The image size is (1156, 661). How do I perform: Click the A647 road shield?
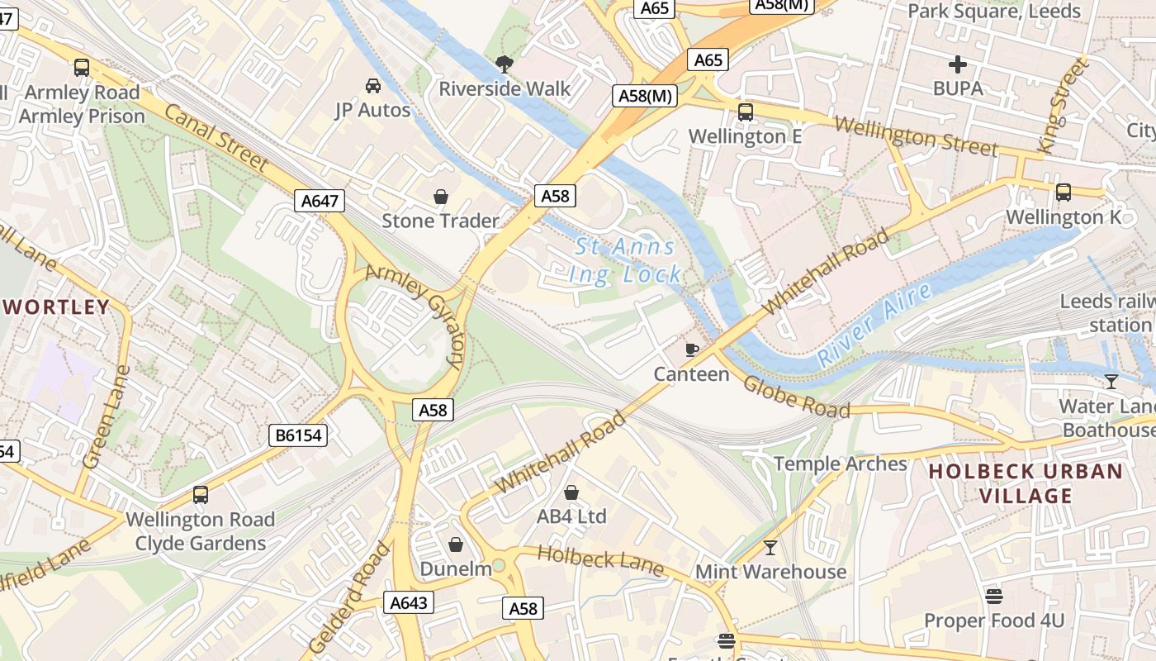320,201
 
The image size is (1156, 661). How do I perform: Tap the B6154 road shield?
298,435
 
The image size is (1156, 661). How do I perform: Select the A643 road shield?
408,602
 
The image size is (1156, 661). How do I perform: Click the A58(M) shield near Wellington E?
646,96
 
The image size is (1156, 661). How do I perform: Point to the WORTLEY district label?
56,307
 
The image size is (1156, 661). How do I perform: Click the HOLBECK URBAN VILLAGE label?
1026,483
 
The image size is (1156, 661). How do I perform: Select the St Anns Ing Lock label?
626,260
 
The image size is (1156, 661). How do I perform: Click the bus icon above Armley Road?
81,68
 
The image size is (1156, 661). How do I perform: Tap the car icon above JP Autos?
372,85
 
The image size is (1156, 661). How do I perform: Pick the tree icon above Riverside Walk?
504,64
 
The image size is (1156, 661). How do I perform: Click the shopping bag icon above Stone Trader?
441,197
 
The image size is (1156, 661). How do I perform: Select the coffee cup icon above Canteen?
692,350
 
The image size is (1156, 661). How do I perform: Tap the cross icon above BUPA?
958,64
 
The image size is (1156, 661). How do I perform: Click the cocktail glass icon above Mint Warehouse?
770,547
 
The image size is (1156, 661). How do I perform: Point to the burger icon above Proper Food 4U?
994,596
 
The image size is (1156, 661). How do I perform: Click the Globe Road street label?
796,397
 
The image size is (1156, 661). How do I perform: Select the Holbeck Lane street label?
600,560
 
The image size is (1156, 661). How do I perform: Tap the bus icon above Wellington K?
1064,193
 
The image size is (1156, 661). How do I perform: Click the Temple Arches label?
840,464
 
